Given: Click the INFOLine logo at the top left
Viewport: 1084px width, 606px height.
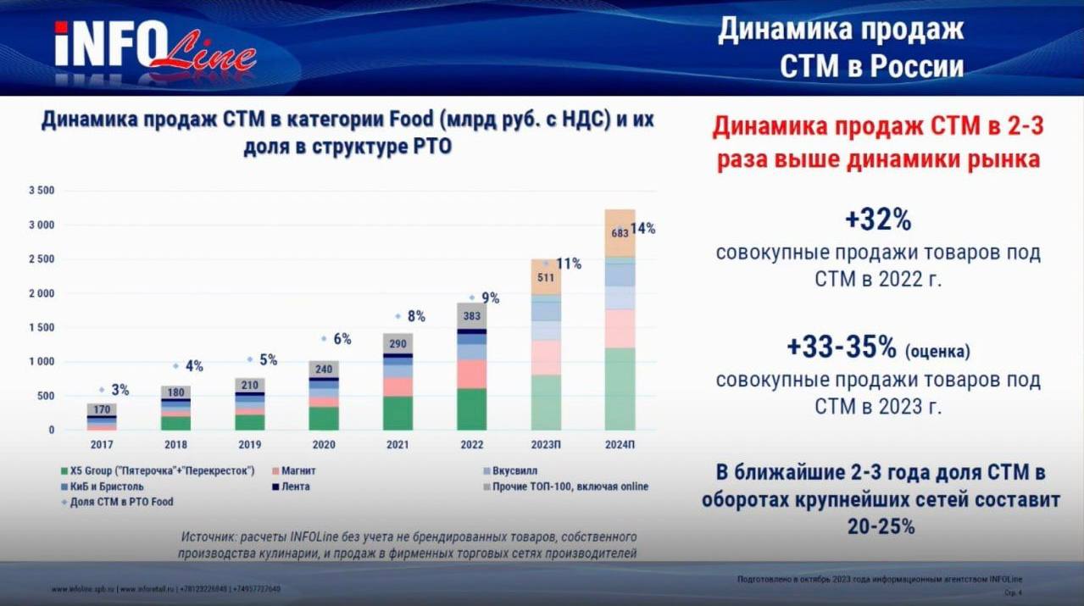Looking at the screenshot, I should (x=154, y=46).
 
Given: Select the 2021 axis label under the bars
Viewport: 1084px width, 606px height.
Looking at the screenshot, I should (x=398, y=444).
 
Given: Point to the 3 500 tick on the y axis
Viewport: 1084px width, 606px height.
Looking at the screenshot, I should (x=41, y=191).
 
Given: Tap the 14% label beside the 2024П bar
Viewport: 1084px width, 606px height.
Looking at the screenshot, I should (x=642, y=228).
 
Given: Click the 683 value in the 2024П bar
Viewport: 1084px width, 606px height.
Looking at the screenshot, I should (x=620, y=232).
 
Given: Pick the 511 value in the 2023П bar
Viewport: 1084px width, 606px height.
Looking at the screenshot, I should (x=546, y=277).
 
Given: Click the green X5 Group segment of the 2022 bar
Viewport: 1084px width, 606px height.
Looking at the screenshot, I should (x=472, y=409).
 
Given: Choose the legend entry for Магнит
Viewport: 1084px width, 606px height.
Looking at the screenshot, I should (x=300, y=470).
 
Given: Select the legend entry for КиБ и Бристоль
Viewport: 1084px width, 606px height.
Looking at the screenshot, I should (x=106, y=486).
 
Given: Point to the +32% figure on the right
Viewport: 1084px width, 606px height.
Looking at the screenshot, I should (x=877, y=220).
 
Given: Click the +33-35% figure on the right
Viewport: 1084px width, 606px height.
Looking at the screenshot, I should (x=841, y=347).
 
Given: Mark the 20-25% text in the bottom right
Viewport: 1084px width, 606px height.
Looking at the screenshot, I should (x=881, y=526).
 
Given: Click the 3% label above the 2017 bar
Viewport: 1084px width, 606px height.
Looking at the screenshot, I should (x=120, y=390).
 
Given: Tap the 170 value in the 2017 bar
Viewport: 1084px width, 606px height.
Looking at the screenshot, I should (x=102, y=410).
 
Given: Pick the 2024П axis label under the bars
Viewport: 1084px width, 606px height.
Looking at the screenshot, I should (x=620, y=444).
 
